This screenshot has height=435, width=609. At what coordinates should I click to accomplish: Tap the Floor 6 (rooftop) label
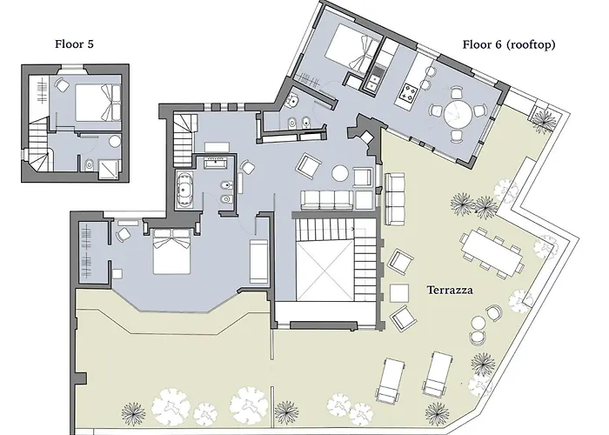tap(509, 44)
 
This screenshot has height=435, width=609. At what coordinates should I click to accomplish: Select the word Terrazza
tap(449, 291)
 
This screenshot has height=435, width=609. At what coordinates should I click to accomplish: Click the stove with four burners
tap(409, 89)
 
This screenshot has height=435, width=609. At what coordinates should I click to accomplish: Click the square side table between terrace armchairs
tap(400, 291)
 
